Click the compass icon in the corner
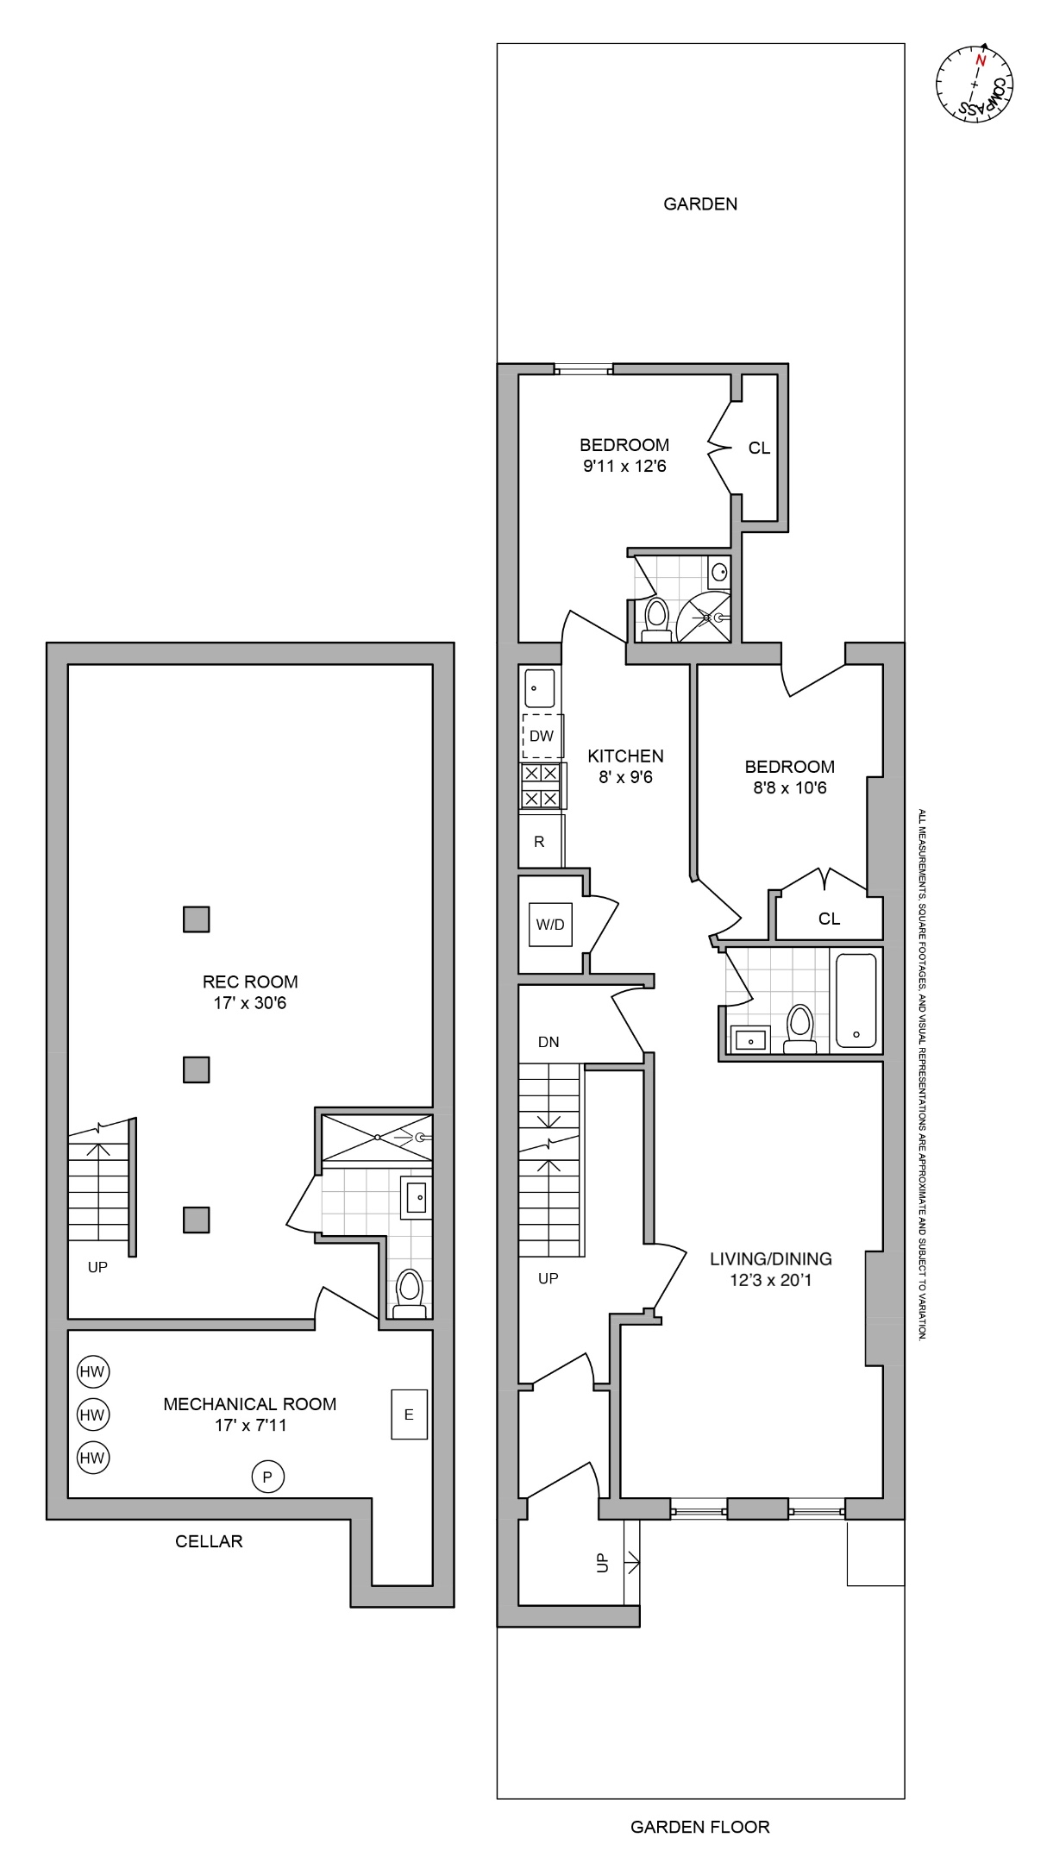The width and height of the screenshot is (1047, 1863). [x=975, y=85]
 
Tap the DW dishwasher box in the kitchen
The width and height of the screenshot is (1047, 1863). [x=542, y=736]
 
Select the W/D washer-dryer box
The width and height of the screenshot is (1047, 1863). [x=550, y=925]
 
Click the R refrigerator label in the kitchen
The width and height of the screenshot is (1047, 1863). [x=540, y=842]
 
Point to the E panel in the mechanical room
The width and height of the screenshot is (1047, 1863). [x=409, y=1414]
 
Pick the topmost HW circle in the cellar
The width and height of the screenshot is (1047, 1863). [x=92, y=1371]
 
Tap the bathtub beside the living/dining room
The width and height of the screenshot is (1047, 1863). [x=856, y=1000]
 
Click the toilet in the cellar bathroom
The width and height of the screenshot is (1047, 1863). [x=409, y=1292]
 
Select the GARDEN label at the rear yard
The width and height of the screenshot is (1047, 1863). [x=700, y=204]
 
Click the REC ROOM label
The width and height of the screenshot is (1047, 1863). [x=250, y=982]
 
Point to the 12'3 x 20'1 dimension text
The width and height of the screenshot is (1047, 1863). [x=770, y=1280]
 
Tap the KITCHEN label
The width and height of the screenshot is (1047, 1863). [x=625, y=756]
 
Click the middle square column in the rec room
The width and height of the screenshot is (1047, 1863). [x=197, y=1069]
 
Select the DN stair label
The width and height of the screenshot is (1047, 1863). [x=549, y=1042]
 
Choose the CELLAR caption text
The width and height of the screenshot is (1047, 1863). [x=209, y=1541]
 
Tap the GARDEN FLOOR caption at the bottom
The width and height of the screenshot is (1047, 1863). [x=700, y=1827]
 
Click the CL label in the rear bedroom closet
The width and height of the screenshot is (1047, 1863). [x=759, y=448]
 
